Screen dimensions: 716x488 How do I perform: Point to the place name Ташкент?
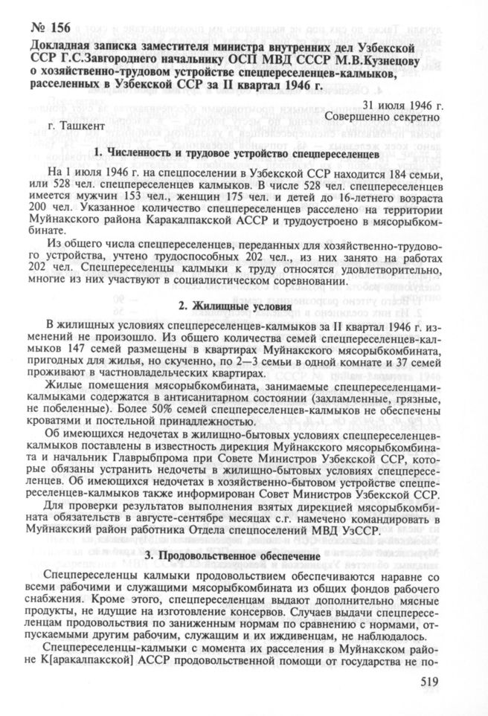pyautogui.click(x=77, y=127)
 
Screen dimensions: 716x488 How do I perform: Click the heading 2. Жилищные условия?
pyautogui.click(x=234, y=306)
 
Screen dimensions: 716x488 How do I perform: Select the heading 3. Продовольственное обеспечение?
pyautogui.click(x=234, y=555)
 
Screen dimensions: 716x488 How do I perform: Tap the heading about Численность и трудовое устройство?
pyautogui.click(x=237, y=153)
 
